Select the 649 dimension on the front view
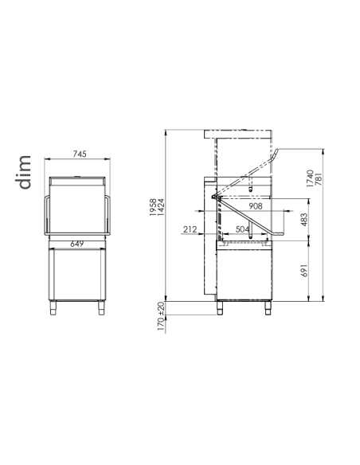(76, 244)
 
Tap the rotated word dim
(24, 173)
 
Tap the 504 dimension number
(244, 229)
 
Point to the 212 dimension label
(190, 229)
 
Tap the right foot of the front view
(102, 307)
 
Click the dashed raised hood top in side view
(240, 131)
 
